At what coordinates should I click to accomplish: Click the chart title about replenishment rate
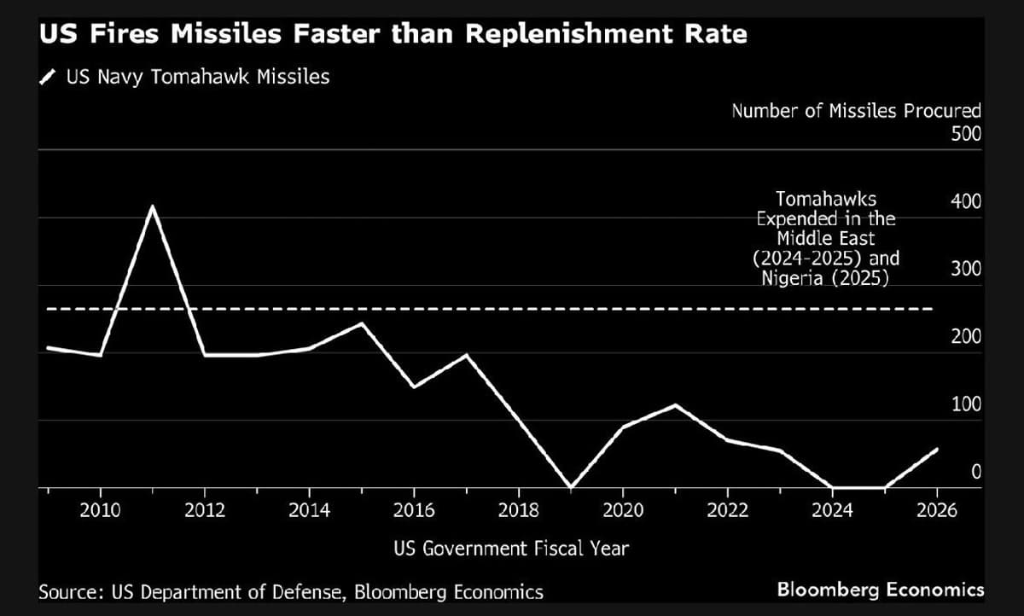click(393, 35)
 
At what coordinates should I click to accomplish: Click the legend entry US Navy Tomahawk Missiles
click(197, 78)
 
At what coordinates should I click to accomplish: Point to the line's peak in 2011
click(153, 206)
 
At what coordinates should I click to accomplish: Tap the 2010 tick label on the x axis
click(101, 510)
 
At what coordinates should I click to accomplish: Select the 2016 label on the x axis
click(414, 510)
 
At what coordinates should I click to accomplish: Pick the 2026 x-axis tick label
click(936, 510)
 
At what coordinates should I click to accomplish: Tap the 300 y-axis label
click(967, 270)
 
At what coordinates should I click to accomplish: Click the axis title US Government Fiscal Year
click(511, 548)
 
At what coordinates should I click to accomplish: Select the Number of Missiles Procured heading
click(856, 111)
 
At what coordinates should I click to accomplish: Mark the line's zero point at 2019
click(569, 487)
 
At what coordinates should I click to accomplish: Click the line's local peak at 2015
click(361, 323)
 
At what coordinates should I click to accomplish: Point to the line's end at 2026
click(937, 450)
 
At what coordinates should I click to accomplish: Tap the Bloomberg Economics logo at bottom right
click(880, 590)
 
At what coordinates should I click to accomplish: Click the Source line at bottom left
click(291, 591)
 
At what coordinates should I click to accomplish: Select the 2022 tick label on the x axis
click(727, 510)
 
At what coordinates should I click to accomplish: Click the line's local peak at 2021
click(675, 405)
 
